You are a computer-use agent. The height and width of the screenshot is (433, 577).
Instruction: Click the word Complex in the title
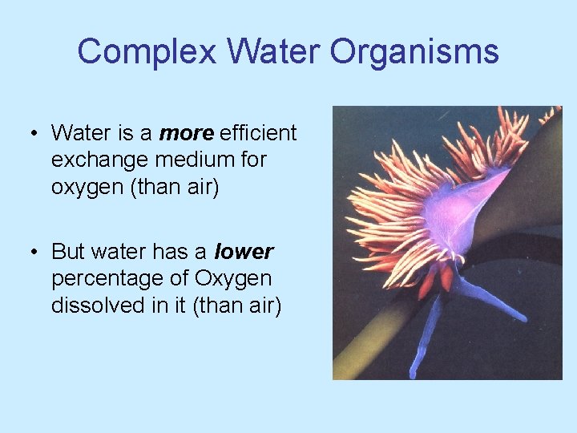coord(147,53)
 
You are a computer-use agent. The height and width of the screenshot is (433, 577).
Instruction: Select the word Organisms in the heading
coord(414,53)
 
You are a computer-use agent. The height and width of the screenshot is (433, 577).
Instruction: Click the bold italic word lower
coord(244,252)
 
